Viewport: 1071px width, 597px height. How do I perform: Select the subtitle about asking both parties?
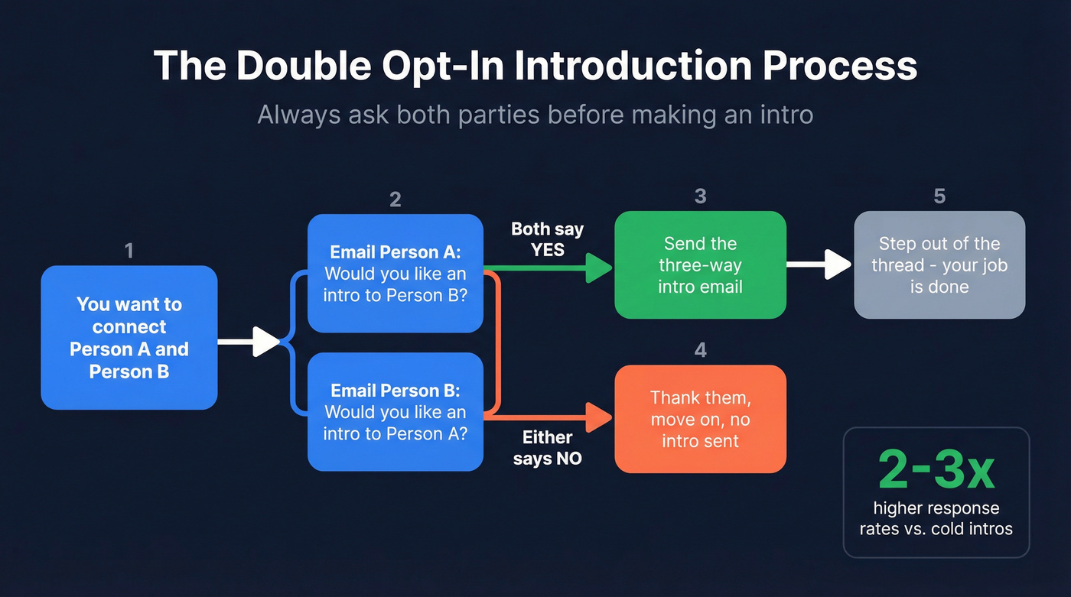point(535,115)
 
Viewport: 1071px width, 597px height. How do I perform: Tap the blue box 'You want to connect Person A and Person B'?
point(129,337)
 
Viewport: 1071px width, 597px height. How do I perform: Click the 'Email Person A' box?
point(395,273)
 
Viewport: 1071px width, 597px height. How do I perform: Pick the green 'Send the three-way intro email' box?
point(700,264)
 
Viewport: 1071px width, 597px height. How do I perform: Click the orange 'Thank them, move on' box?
point(700,418)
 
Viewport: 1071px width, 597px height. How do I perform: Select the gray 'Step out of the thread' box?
point(939,264)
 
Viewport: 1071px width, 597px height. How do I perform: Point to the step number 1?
point(129,250)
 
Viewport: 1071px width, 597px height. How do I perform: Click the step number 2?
point(395,200)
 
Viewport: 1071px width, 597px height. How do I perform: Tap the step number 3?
point(700,196)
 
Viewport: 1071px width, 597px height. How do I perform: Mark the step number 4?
point(700,350)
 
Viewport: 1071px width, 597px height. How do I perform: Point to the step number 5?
point(939,196)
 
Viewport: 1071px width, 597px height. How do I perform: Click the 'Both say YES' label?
point(547,239)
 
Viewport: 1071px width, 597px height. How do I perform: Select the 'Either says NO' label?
point(547,448)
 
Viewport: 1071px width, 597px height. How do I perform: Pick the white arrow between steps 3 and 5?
point(819,264)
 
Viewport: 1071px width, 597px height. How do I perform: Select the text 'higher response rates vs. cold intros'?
point(936,518)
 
